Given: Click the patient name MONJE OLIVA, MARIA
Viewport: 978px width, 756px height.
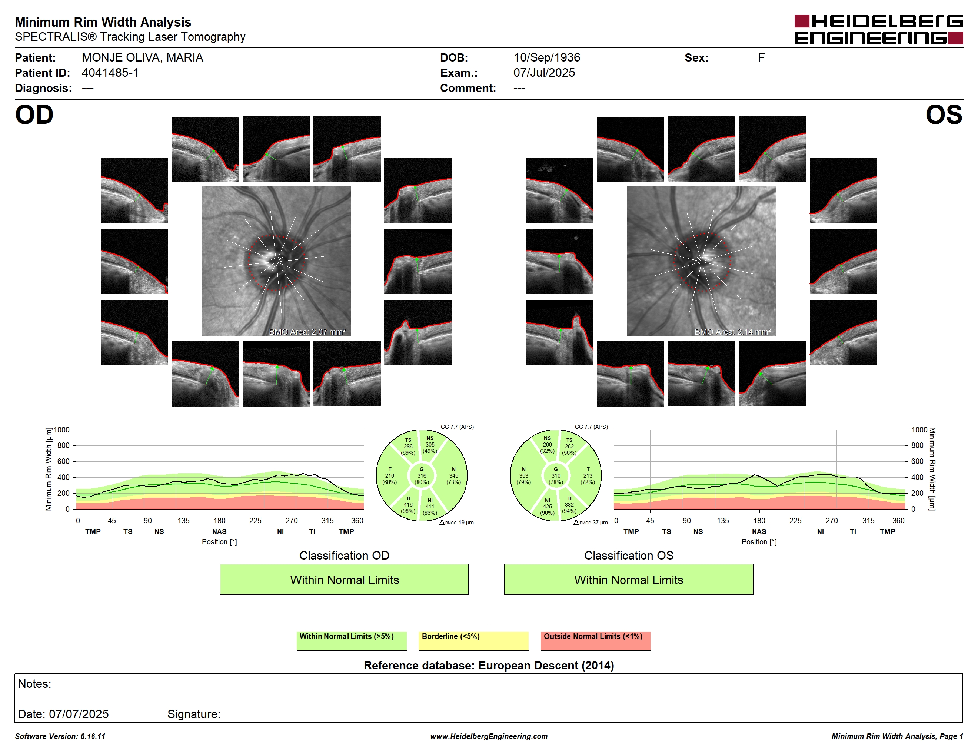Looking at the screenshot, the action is [x=142, y=58].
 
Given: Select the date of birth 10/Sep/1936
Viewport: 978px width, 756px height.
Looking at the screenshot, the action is [x=546, y=58].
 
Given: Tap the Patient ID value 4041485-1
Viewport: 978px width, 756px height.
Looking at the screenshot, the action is [x=110, y=73].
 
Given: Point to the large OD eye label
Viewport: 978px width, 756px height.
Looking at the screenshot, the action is [x=34, y=115].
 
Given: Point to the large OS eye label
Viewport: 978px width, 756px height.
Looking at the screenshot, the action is [x=944, y=115].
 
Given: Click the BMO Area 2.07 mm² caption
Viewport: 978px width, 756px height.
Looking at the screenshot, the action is [x=307, y=332].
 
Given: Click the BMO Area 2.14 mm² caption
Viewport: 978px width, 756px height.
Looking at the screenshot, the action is [x=733, y=332].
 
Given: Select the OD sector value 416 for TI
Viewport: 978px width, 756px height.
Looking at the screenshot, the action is [x=408, y=505].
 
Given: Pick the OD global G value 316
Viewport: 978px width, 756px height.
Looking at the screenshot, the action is [x=422, y=475].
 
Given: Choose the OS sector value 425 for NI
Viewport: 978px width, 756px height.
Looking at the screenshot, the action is [x=547, y=507].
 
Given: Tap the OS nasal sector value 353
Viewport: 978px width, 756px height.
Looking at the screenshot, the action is [x=523, y=475].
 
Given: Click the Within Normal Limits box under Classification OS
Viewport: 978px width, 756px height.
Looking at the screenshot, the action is [x=628, y=579].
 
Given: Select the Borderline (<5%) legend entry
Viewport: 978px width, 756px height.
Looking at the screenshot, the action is [x=473, y=640].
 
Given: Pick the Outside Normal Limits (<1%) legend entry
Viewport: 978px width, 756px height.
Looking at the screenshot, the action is [x=596, y=640].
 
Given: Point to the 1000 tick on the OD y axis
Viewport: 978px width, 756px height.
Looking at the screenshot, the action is [x=62, y=430].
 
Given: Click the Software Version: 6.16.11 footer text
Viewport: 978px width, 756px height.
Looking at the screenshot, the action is [x=60, y=736].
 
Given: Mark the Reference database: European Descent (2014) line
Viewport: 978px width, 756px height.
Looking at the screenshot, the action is [x=489, y=666].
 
